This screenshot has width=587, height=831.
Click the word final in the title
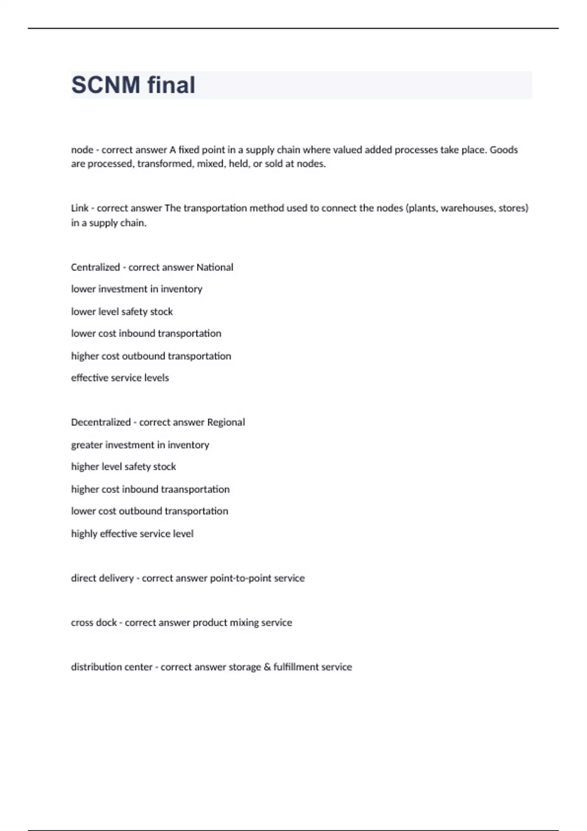171,85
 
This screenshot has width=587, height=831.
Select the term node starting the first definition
82,150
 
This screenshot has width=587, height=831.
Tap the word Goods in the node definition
503,150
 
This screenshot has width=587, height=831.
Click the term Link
79,208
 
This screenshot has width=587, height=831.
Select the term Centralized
95,267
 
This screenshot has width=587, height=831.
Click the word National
215,267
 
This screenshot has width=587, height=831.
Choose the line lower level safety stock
122,312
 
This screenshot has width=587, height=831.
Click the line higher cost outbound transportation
151,356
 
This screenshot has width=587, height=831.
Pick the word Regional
226,422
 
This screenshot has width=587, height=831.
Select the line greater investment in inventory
140,445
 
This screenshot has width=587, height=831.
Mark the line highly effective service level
132,534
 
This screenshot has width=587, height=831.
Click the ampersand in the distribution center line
267,667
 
